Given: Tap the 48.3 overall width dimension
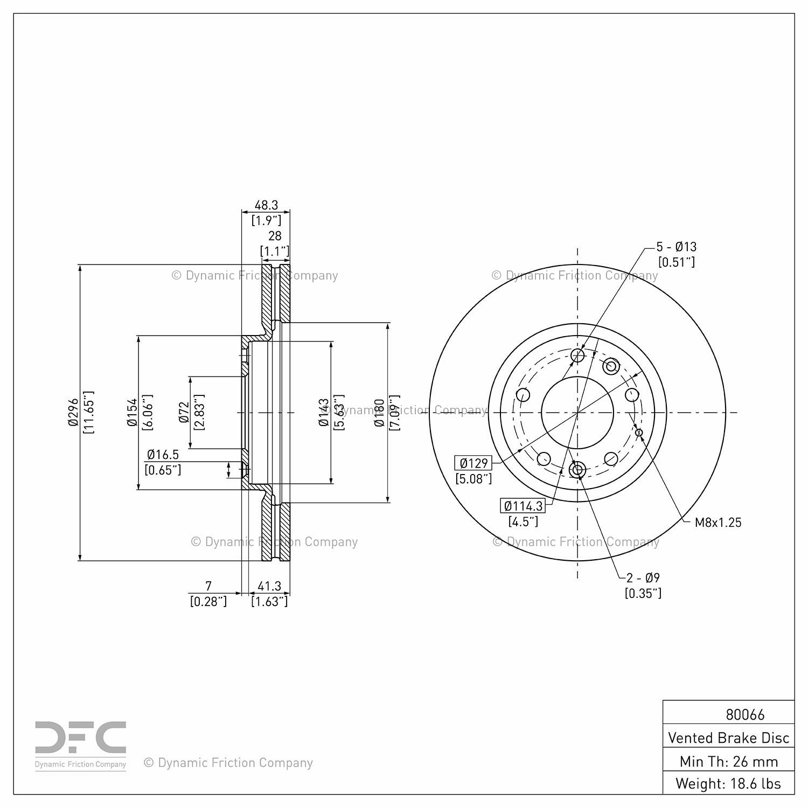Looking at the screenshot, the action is tap(266, 205).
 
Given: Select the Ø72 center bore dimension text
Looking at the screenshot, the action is tap(184, 412).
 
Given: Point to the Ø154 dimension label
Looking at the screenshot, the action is tap(132, 413).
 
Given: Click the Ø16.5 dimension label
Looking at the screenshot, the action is tap(163, 455).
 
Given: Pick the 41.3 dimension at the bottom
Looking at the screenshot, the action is tap(269, 586).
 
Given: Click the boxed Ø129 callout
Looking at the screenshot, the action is tap(474, 463).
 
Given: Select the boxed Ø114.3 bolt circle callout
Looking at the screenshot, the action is tap(523, 506).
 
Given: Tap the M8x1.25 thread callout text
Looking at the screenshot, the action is tap(718, 522).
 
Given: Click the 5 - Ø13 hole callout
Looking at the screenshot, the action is tap(676, 247).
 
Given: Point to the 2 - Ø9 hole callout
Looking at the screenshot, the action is tap(643, 578).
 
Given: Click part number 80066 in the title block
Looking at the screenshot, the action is tap(745, 714).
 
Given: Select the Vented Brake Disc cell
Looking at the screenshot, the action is tap(729, 737).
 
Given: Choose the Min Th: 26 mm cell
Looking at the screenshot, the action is tap(729, 761).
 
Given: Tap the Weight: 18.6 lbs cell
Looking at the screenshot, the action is tap(729, 783).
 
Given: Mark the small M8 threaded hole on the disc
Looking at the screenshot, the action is tap(639, 432).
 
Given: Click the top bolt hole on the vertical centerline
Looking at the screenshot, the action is tap(577, 355).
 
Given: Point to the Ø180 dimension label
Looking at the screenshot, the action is tap(379, 413).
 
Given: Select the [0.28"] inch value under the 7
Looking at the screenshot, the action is tap(208, 601).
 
